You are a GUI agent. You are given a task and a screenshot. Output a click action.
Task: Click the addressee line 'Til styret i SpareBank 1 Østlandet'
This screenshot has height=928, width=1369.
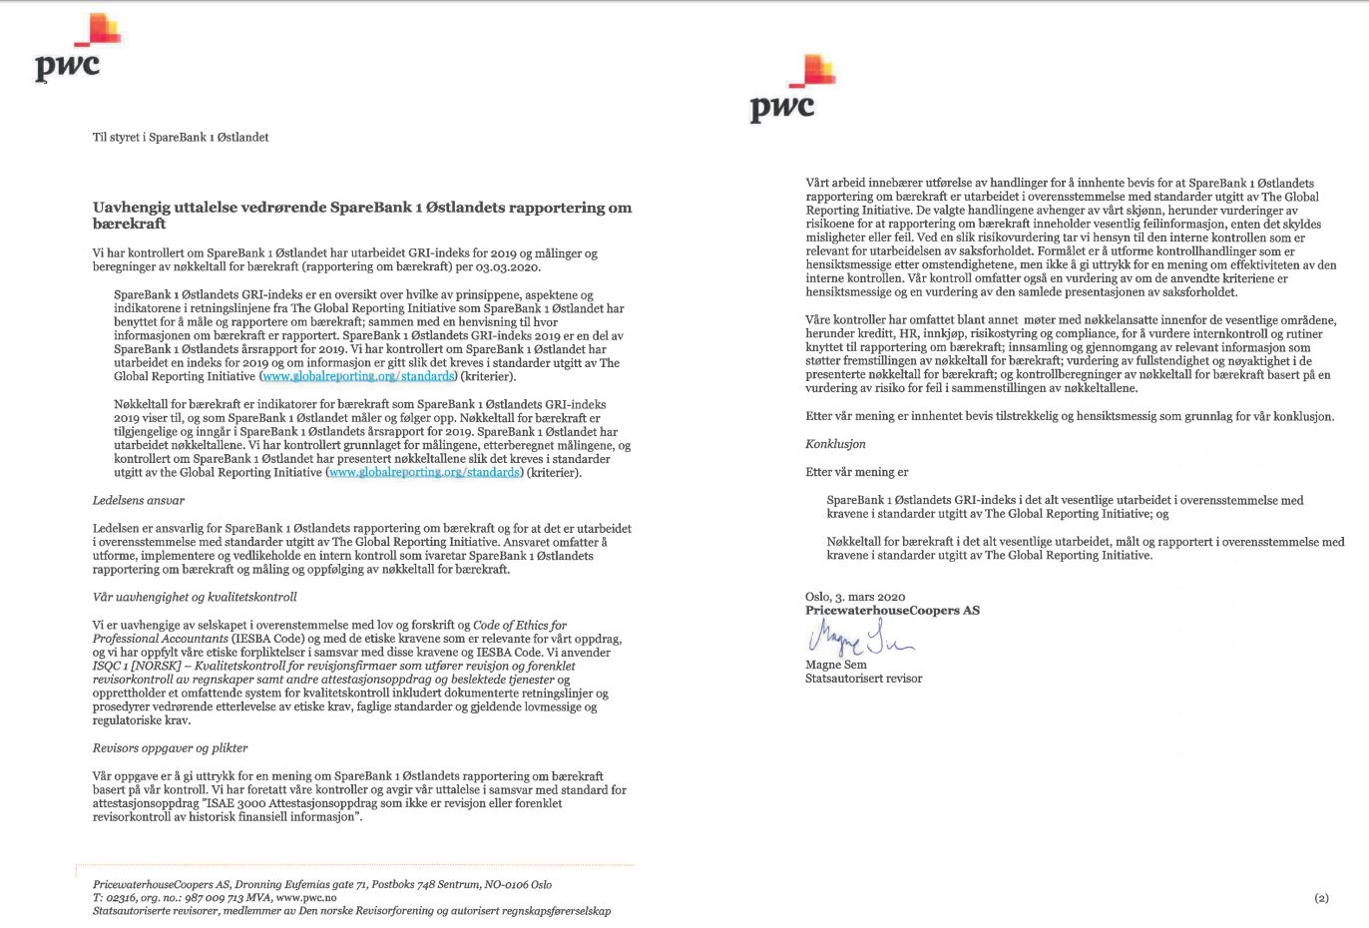click(181, 138)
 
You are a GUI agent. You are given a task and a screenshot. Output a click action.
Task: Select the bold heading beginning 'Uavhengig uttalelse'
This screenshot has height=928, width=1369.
click(361, 216)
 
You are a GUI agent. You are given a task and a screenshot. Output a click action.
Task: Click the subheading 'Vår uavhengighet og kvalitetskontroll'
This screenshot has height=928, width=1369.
click(195, 597)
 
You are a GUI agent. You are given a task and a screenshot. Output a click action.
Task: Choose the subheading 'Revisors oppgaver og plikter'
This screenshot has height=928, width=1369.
click(170, 747)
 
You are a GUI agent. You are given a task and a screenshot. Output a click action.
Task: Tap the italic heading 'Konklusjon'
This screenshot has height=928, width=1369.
click(835, 444)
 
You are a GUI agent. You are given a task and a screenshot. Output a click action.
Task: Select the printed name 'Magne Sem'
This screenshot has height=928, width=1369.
click(836, 665)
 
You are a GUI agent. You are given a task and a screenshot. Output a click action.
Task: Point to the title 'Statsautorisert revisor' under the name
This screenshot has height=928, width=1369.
click(863, 679)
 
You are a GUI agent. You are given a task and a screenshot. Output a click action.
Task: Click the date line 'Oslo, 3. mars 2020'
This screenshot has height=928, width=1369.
click(855, 597)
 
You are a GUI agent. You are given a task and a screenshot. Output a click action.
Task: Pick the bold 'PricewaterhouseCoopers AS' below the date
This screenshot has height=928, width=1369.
click(892, 610)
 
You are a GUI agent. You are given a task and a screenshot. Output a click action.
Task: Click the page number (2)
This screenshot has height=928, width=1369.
click(1321, 898)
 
